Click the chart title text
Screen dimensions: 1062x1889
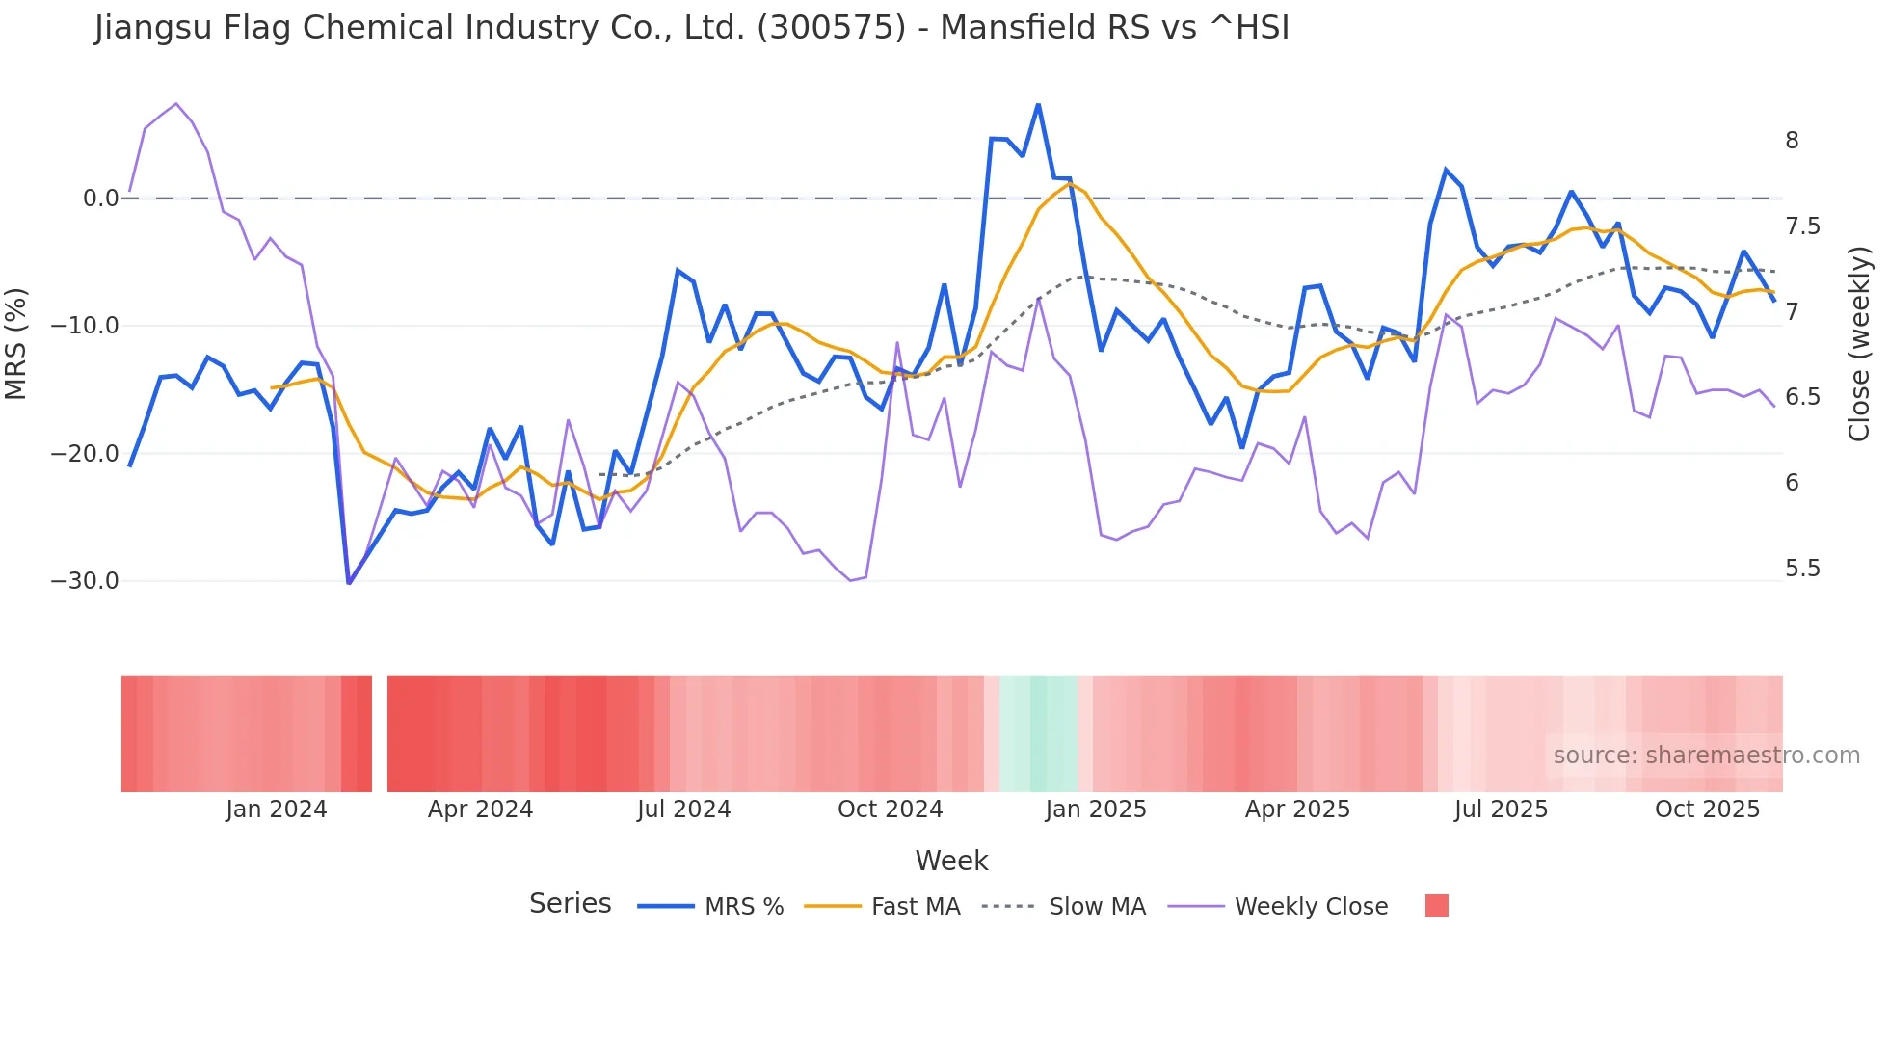[x=691, y=28]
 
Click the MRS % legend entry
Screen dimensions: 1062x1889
[x=743, y=907]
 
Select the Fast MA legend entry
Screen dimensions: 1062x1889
[x=915, y=907]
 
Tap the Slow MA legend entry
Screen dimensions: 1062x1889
[x=1097, y=907]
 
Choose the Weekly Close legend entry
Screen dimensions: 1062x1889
[x=1311, y=907]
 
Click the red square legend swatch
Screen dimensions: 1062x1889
[x=1436, y=906]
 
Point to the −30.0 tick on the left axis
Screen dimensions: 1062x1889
[x=85, y=581]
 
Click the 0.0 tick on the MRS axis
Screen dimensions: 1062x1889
[x=100, y=199]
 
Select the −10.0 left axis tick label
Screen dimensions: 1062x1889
[x=85, y=326]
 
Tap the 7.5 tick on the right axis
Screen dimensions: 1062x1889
[x=1802, y=226]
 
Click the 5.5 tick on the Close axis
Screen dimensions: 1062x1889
[x=1802, y=569]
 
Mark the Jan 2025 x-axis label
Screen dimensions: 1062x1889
[x=1096, y=810]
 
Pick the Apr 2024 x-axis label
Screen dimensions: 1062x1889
[x=480, y=810]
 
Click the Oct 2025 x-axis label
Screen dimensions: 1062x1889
[x=1707, y=810]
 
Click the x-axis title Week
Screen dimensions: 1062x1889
[x=951, y=861]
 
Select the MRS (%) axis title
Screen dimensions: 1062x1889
[x=16, y=344]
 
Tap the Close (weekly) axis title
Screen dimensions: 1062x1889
[x=1859, y=344]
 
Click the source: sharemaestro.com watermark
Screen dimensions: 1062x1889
[x=1706, y=756]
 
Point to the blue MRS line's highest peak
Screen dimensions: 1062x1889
[x=1038, y=105]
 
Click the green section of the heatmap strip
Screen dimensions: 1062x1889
[x=1038, y=733]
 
